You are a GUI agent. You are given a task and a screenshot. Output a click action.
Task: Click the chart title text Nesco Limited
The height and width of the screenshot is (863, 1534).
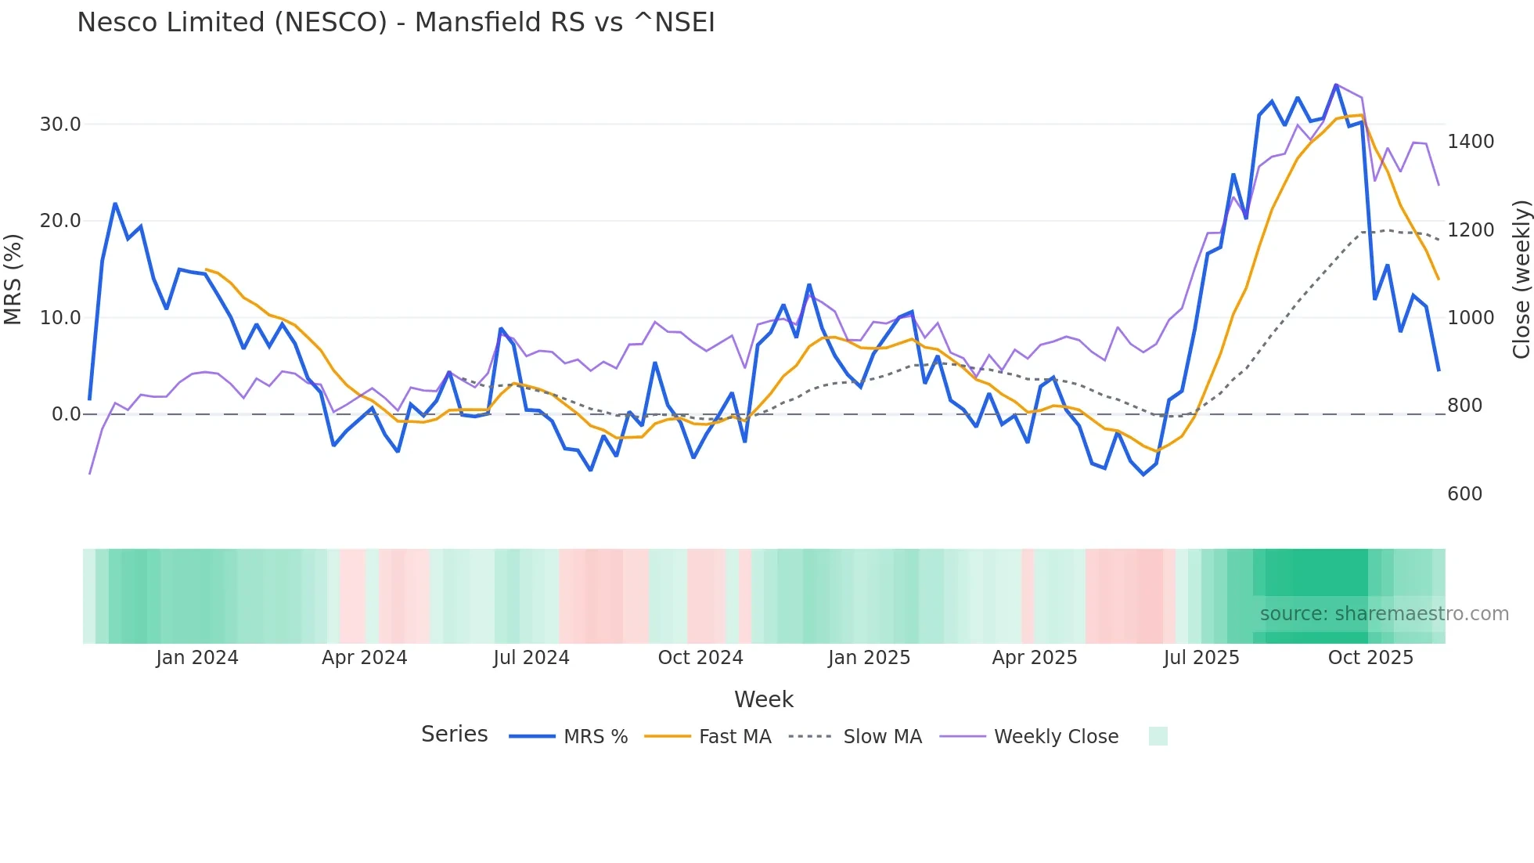(x=395, y=23)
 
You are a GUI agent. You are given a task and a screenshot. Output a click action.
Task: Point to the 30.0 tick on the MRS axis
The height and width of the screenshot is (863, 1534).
(x=60, y=125)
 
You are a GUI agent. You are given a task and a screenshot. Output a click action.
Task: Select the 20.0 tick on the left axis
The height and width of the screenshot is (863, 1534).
(x=60, y=221)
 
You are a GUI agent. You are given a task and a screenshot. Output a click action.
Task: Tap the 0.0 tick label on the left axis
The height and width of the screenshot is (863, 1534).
(x=66, y=414)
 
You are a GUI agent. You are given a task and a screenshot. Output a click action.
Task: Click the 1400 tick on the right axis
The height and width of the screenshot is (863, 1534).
(x=1471, y=142)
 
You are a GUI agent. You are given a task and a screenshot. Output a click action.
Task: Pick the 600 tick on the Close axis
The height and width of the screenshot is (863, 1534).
(x=1464, y=494)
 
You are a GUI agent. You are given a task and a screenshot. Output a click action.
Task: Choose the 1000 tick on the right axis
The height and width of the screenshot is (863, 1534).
(x=1471, y=318)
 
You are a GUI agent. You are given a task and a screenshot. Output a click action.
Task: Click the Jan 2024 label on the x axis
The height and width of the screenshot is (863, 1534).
(x=196, y=658)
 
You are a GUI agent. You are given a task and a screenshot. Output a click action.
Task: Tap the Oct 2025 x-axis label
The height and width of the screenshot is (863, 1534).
(x=1370, y=658)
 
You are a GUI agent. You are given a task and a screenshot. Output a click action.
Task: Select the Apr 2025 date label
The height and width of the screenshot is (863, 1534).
(x=1034, y=658)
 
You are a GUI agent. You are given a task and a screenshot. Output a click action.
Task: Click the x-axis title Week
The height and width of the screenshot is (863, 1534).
(x=763, y=699)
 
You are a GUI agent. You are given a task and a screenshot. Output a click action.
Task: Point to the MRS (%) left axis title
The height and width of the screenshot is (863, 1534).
(x=13, y=280)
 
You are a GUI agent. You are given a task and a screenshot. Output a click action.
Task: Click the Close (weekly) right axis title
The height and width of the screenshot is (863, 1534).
(x=1521, y=280)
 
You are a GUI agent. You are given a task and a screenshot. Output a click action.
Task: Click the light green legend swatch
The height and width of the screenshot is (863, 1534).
(x=1158, y=736)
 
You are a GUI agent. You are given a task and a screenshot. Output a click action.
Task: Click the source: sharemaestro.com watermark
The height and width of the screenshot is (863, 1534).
(x=1384, y=614)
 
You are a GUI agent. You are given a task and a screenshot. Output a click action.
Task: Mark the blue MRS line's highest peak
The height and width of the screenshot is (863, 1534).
(x=1336, y=85)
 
